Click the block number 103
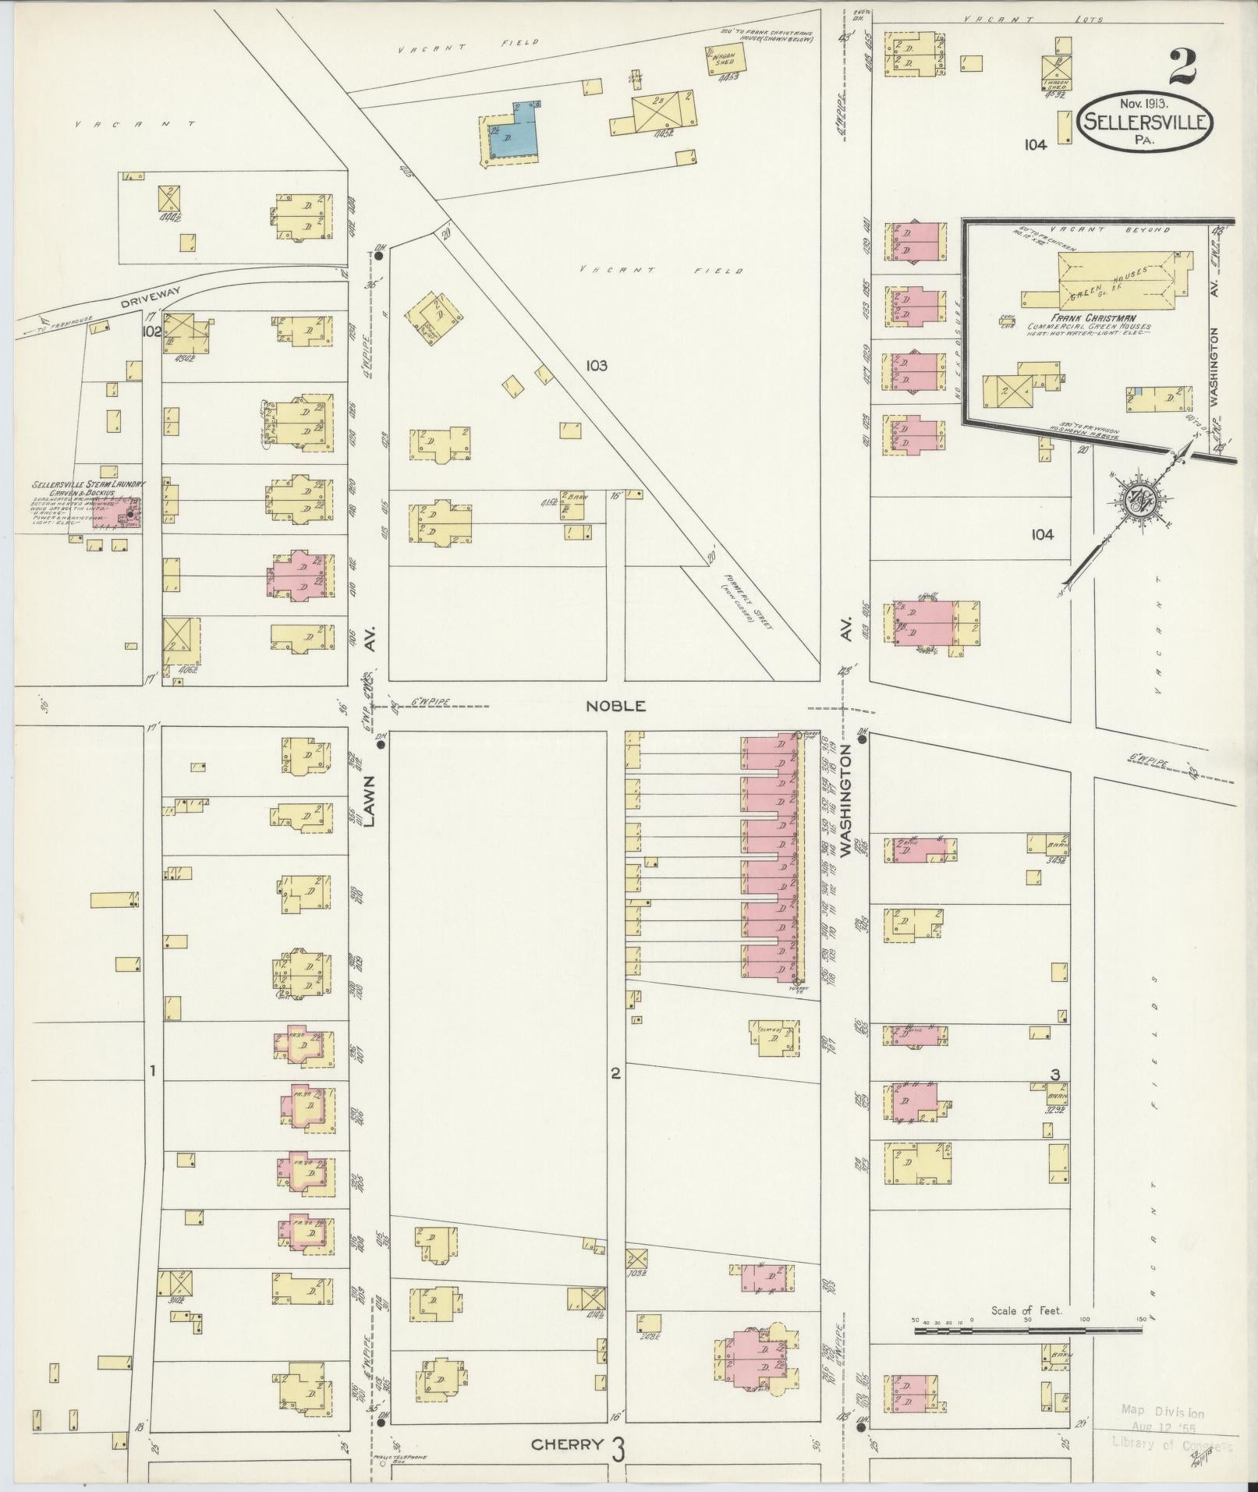598,365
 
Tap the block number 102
151,331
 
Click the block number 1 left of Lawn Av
154,1072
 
